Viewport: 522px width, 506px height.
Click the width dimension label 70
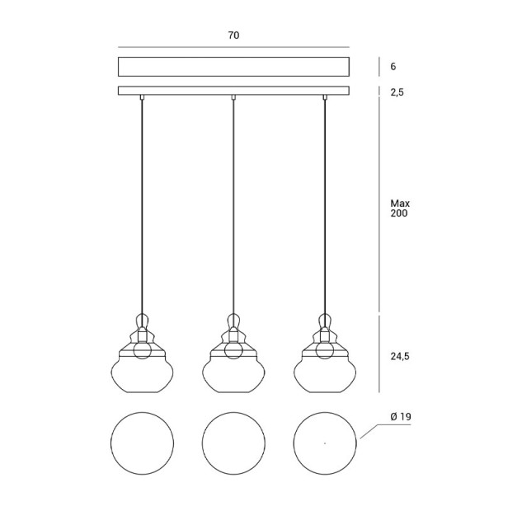coord(233,35)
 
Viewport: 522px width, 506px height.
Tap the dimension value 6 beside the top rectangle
coord(393,67)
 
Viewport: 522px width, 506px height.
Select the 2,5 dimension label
coord(397,92)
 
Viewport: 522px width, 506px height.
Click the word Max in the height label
coord(400,203)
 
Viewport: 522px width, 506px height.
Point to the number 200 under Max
coord(399,213)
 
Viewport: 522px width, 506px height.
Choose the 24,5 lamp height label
coord(400,356)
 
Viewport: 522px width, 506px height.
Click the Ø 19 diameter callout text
coord(401,416)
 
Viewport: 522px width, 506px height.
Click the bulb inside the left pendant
coord(142,349)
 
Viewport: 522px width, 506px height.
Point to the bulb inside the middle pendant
coord(233,349)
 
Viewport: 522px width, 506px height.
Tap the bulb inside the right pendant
coord(325,349)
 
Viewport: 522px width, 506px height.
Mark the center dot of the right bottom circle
coord(325,443)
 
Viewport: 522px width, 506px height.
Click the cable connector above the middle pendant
coord(233,97)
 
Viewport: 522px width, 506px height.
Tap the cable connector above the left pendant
coord(142,97)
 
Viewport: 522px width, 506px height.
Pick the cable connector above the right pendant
coord(325,97)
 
